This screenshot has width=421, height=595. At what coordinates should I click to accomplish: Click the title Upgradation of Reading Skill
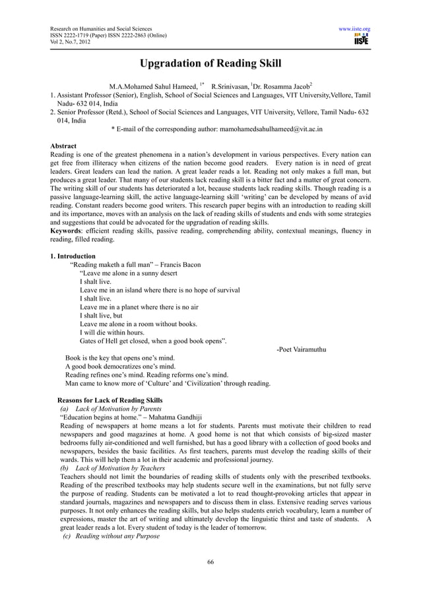tap(210, 63)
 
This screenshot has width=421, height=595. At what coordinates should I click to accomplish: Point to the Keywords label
tap(69, 231)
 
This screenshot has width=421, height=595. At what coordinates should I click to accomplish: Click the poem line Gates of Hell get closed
tap(152, 341)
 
